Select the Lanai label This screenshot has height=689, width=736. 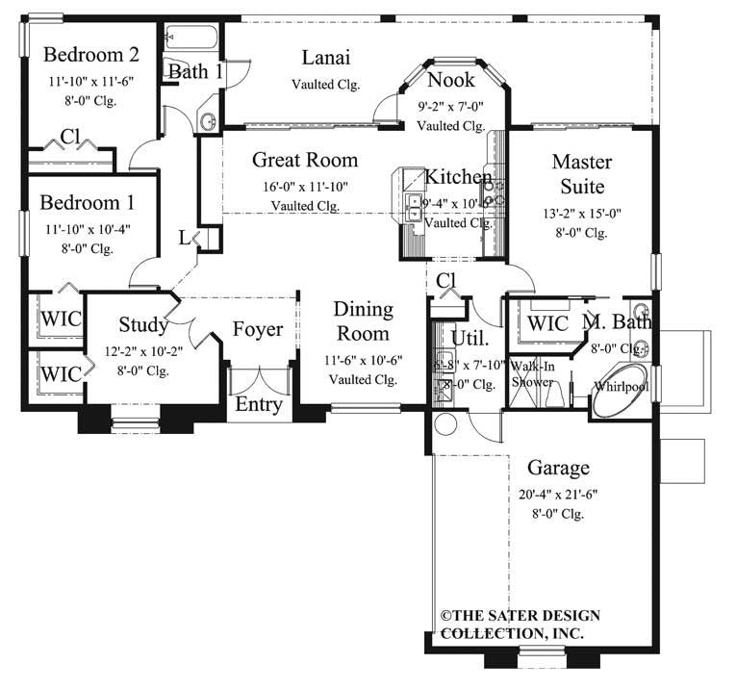(325, 57)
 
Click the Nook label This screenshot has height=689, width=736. (450, 79)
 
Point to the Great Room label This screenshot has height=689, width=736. (305, 160)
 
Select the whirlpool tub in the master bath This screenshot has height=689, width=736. (621, 388)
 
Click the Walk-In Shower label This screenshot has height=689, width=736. (532, 374)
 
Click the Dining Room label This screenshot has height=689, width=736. (363, 321)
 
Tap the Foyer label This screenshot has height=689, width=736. (258, 330)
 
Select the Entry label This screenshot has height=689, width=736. (258, 404)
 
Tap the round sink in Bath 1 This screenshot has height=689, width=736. (208, 121)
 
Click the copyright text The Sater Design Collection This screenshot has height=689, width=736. (520, 624)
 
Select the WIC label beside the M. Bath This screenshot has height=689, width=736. (548, 324)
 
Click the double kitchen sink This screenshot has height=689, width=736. (414, 208)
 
